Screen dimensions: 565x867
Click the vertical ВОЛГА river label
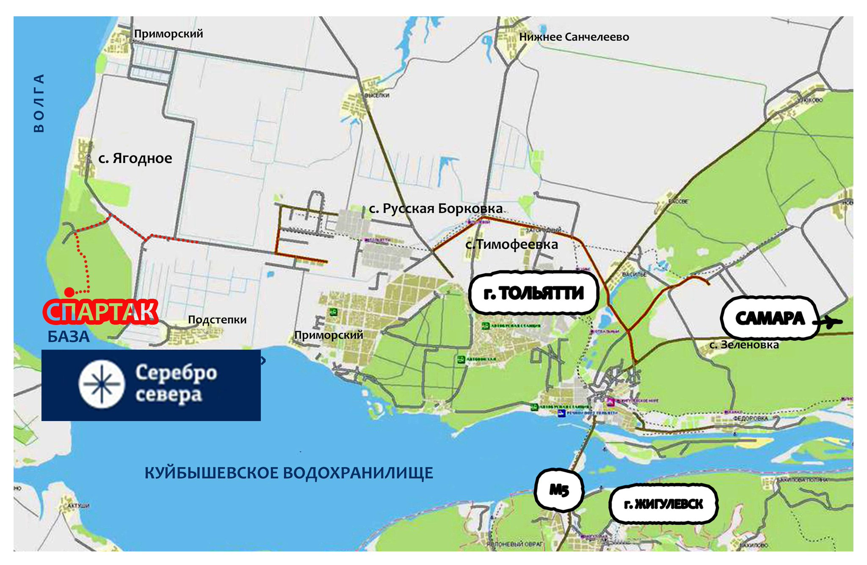tap(39, 103)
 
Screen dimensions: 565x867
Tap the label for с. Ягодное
tap(135, 158)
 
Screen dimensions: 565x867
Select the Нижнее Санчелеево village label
tap(574, 37)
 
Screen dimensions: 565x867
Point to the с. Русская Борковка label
tap(436, 209)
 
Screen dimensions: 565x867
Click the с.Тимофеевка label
tap(511, 245)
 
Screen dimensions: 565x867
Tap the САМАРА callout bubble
tap(769, 318)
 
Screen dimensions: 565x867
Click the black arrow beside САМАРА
tap(828, 322)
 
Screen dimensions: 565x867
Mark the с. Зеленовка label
tap(744, 345)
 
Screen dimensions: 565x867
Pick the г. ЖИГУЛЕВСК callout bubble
tap(663, 504)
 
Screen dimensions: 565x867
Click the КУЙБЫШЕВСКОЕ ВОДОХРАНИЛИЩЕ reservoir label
tap(289, 473)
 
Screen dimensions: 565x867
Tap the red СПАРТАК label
tap(101, 312)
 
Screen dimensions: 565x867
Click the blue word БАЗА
tap(69, 337)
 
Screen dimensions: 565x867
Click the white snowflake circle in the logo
tap(102, 384)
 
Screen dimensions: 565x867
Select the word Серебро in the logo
tap(176, 372)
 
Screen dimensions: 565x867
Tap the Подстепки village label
tap(217, 320)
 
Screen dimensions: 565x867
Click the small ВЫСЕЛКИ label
tap(377, 96)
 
